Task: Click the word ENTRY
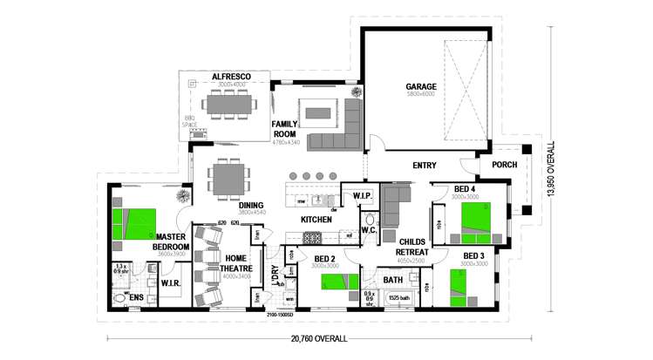pyautogui.click(x=425, y=164)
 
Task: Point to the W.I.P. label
pyautogui.click(x=363, y=195)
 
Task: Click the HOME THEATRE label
pyautogui.click(x=235, y=262)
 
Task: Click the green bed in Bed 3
pyautogui.click(x=463, y=287)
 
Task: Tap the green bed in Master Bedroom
pyautogui.click(x=135, y=225)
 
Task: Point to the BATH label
pyautogui.click(x=393, y=280)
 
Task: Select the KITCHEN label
pyautogui.click(x=316, y=220)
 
